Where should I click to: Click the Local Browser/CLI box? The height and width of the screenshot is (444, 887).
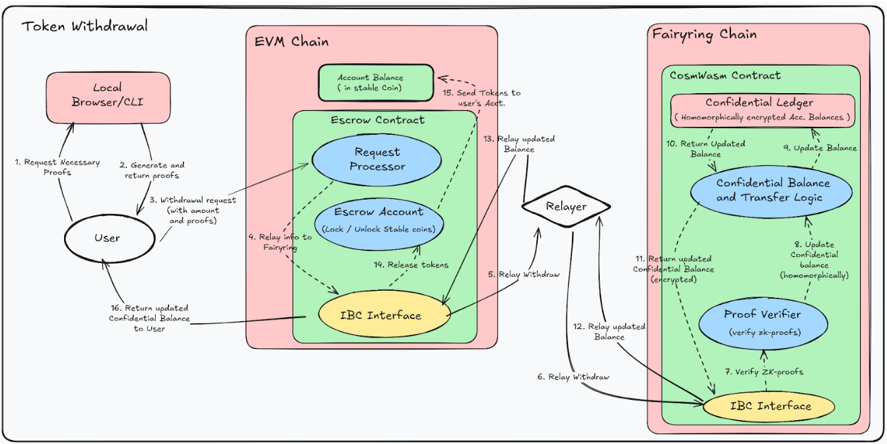tap(107, 96)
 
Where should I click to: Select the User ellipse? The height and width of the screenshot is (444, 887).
tap(107, 238)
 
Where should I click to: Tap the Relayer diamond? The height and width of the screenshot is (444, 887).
tap(565, 206)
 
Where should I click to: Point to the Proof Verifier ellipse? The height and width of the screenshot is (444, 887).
tap(762, 321)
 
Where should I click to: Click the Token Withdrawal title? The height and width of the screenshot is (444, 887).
tap(85, 26)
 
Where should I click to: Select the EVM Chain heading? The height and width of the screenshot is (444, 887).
tap(291, 42)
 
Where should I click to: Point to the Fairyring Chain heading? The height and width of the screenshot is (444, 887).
tap(704, 34)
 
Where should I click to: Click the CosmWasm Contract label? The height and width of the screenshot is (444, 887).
tap(725, 75)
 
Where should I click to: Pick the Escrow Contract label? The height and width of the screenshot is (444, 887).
tap(377, 120)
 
